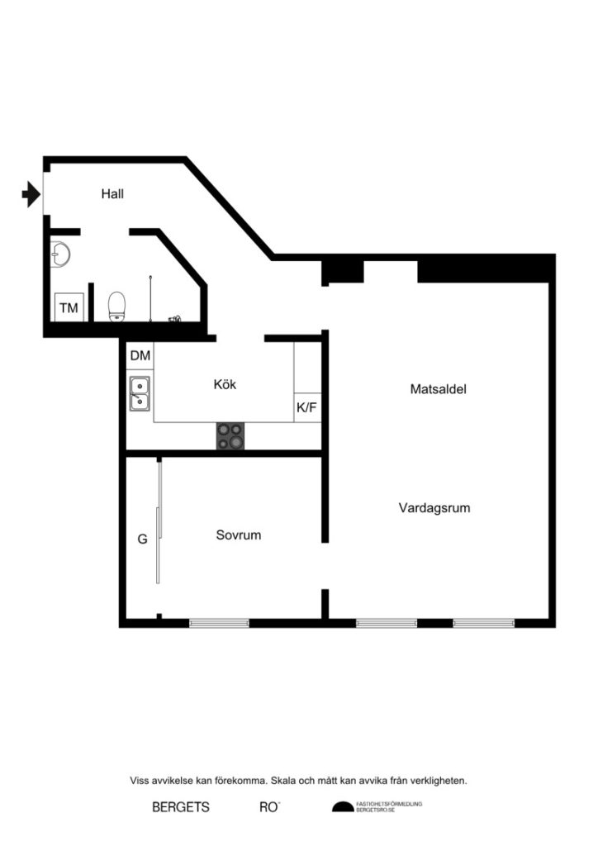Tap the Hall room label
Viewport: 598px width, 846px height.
point(112,194)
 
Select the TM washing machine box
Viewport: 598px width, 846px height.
point(68,308)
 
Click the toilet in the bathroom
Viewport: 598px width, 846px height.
point(116,305)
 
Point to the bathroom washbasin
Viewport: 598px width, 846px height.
point(59,254)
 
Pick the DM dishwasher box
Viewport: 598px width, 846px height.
point(140,356)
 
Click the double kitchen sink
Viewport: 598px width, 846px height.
point(140,393)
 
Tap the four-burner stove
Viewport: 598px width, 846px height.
point(231,435)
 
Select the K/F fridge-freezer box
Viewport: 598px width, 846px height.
point(307,406)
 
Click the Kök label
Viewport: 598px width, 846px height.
point(225,384)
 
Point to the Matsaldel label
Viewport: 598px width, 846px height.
point(439,388)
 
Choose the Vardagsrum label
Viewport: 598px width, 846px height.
point(434,508)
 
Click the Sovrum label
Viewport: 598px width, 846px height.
point(239,535)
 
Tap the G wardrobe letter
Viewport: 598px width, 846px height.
point(142,539)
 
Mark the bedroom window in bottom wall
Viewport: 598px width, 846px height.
point(219,622)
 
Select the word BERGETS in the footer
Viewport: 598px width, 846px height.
point(181,807)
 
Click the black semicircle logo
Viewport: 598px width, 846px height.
point(341,807)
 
